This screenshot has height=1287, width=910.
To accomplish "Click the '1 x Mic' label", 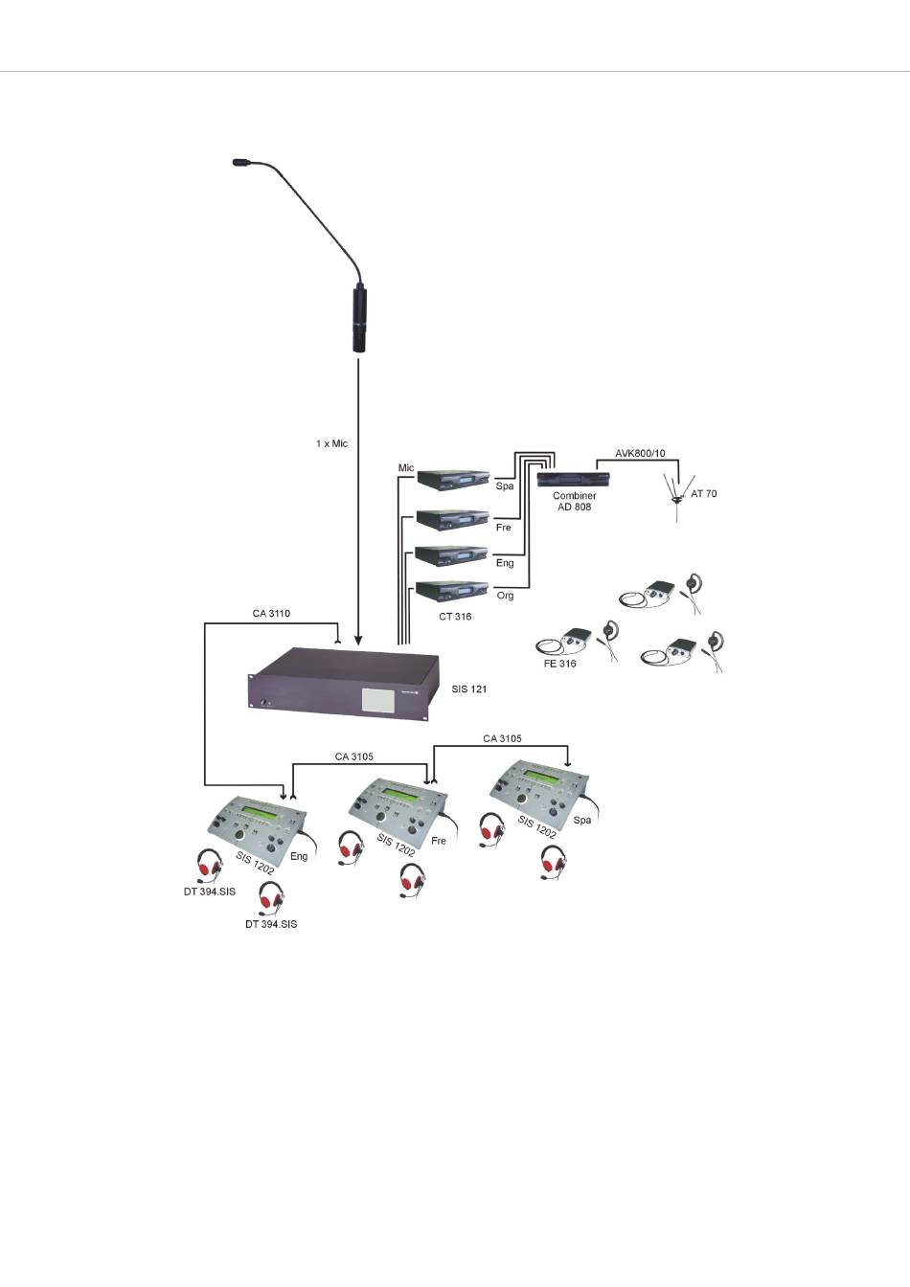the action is point(331,444).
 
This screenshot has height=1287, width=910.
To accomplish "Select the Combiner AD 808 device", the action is point(573,479).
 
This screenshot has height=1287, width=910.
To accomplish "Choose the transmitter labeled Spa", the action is point(453,479).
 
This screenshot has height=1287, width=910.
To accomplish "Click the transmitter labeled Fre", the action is point(453,519).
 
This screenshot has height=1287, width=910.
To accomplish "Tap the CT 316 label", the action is point(455,617).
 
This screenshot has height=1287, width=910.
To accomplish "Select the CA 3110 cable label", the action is point(272,613).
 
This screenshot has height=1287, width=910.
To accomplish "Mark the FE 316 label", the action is point(559,664).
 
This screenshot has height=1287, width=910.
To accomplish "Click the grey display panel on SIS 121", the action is point(379,699).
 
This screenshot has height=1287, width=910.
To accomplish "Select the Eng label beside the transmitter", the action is point(504,563).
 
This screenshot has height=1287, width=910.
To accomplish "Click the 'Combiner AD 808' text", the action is point(574,501).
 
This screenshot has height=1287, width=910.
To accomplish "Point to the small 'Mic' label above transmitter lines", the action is point(406,468).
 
